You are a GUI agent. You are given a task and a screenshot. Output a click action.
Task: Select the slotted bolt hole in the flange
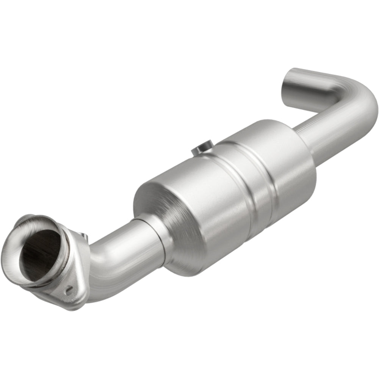(x=69, y=291)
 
